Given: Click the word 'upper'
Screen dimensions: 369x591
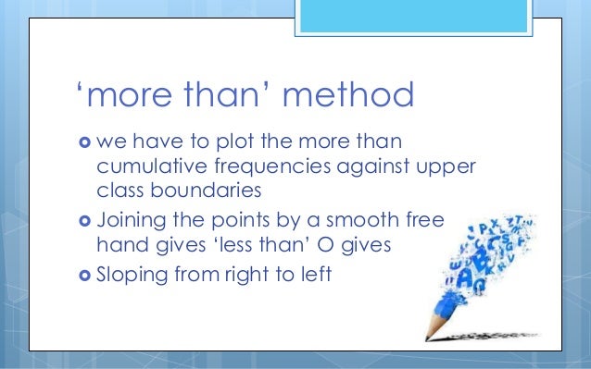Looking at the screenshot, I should (x=448, y=167).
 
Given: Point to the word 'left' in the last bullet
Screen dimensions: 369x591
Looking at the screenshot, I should (x=316, y=276).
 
